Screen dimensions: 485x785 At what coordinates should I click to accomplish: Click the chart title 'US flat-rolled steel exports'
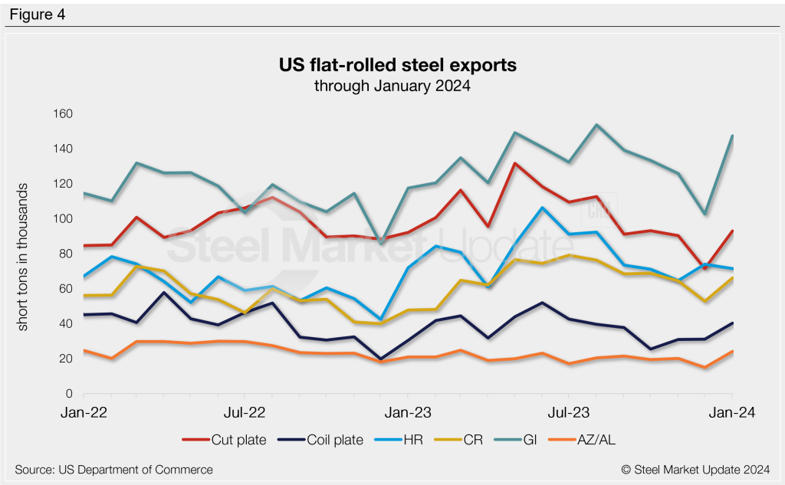pos(392,66)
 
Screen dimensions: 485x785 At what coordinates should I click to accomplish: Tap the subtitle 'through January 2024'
pos(392,86)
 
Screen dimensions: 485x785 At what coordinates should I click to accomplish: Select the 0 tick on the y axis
pos(67,394)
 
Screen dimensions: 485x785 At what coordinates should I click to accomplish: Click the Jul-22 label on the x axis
pos(244,412)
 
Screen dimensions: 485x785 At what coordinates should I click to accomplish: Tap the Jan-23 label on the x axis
pos(406,412)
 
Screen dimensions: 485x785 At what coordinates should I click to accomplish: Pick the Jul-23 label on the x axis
pos(568,412)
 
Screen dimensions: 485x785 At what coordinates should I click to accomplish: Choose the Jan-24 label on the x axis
pos(731,412)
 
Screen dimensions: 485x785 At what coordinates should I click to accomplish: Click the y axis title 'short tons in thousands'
pos(23,257)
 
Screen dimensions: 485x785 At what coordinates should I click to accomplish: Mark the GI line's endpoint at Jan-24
pos(732,136)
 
